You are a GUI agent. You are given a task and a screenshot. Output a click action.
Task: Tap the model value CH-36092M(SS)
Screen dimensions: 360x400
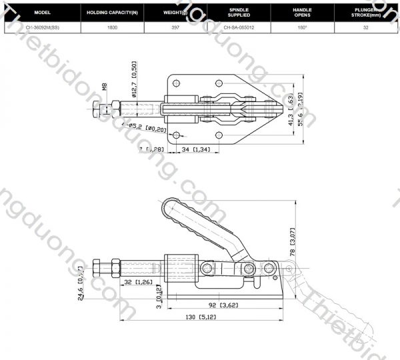pos(41,27)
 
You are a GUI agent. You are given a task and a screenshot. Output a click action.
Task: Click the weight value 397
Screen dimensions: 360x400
pos(175,27)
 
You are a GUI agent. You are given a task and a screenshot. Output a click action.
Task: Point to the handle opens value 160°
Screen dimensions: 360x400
pos(302,27)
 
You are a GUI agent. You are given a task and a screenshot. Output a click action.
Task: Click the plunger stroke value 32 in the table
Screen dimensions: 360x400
pos(366,27)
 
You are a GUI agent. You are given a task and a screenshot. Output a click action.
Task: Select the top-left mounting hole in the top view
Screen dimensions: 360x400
pos(177,83)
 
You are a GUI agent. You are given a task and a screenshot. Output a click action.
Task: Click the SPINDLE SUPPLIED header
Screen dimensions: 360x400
pos(238,13)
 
